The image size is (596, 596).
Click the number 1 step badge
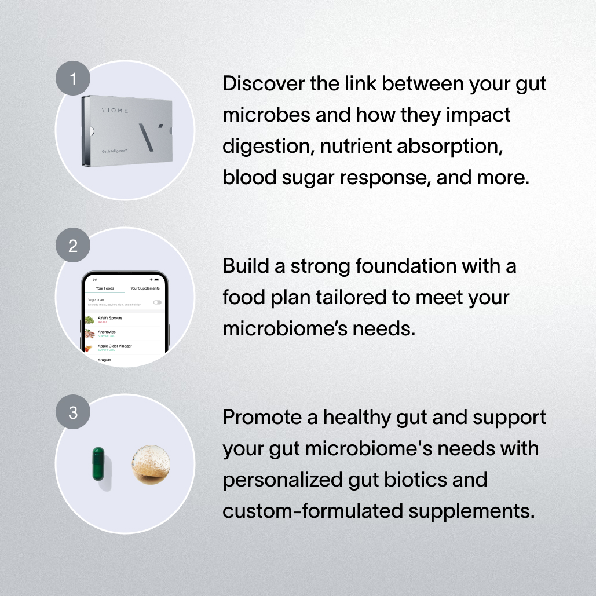click(73, 78)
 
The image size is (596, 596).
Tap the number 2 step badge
click(73, 246)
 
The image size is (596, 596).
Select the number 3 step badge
click(73, 412)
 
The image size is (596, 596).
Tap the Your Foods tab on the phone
click(105, 288)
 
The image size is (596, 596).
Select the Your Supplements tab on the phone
click(145, 288)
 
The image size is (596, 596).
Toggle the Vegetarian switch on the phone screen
click(157, 302)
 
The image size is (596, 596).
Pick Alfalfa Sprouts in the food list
click(109, 319)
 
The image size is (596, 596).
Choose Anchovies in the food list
click(107, 332)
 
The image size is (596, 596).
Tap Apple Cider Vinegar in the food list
click(114, 346)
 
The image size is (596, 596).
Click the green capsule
click(98, 464)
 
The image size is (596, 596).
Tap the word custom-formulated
click(305, 511)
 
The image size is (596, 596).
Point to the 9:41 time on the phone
click(96, 279)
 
